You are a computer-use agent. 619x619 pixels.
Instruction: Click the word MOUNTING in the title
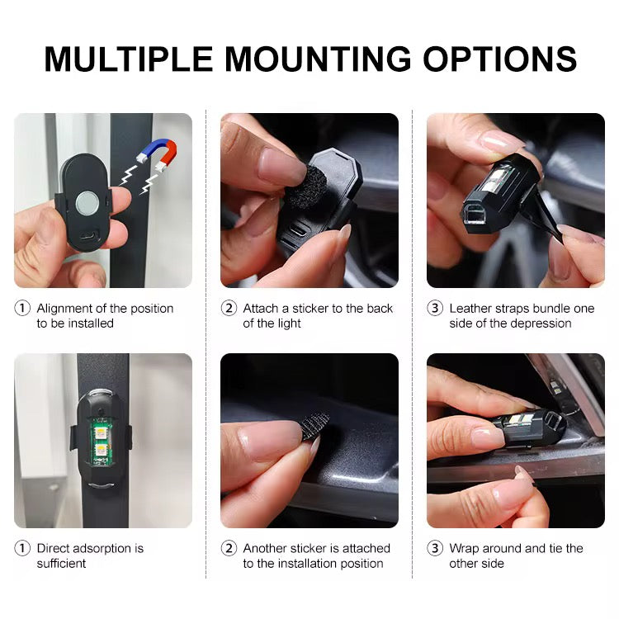point(318,59)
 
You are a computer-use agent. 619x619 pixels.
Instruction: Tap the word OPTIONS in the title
point(500,59)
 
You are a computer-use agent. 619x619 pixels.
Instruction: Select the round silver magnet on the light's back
point(87,202)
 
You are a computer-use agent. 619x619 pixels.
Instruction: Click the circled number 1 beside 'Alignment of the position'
point(22,308)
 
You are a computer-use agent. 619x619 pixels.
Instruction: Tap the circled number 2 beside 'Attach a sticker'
point(229,308)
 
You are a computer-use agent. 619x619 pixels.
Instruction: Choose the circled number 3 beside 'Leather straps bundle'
point(435,308)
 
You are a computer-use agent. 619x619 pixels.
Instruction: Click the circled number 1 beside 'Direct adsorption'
point(22,548)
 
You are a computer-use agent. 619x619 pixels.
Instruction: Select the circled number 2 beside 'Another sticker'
point(229,548)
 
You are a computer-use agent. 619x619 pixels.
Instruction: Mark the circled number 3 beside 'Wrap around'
point(435,548)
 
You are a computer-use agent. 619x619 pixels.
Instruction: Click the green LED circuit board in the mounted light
point(102,442)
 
